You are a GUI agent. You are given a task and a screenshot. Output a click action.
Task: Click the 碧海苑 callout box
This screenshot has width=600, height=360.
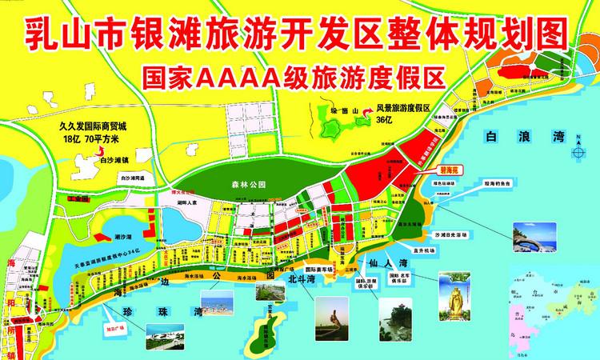(454, 170)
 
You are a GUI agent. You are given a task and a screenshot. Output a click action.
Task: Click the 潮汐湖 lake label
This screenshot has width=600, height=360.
(123, 238)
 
